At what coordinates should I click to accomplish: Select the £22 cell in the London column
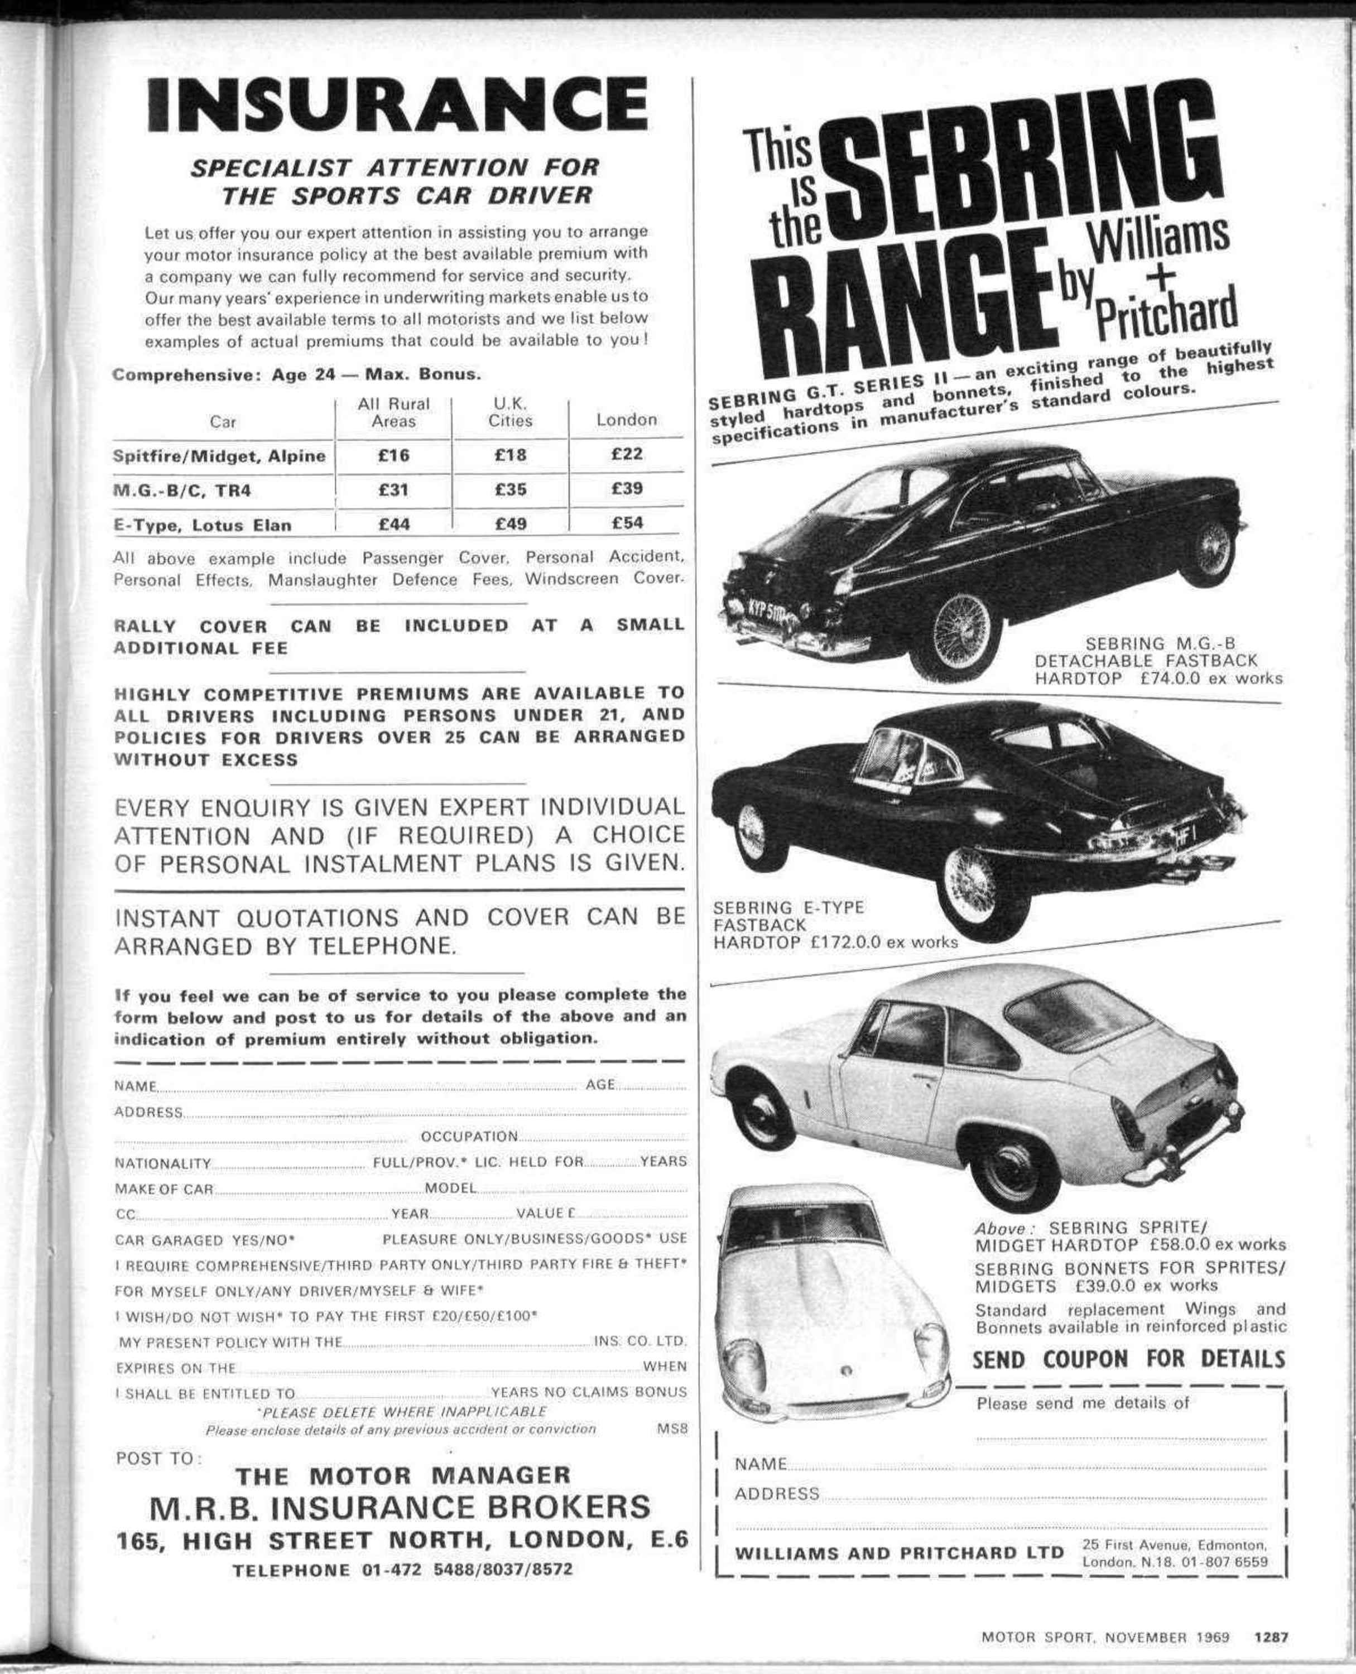(x=627, y=454)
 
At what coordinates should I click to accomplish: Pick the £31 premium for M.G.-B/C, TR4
(x=393, y=489)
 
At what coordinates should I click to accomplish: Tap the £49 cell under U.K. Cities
(x=510, y=523)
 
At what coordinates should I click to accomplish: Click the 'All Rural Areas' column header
(x=393, y=412)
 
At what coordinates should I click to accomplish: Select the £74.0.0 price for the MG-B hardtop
(x=1169, y=677)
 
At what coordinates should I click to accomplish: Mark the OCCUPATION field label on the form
(x=469, y=1136)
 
